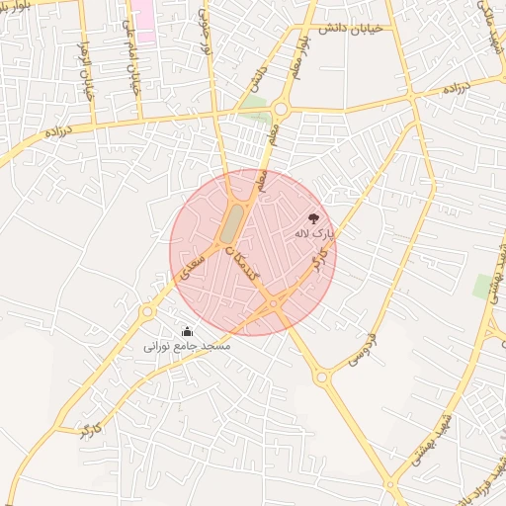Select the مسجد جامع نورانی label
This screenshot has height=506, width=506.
click(187, 347)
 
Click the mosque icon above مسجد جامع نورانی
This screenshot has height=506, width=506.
click(187, 331)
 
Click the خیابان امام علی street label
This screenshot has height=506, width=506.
click(129, 55)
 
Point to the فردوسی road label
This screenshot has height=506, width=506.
click(366, 345)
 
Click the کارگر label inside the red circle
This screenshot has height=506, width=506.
click(318, 263)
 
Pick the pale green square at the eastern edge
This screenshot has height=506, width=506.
click(484, 287)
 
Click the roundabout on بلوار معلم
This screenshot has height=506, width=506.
click(281, 109)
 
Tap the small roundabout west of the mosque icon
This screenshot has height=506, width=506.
click(147, 312)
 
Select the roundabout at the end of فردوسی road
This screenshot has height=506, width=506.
click(321, 377)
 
